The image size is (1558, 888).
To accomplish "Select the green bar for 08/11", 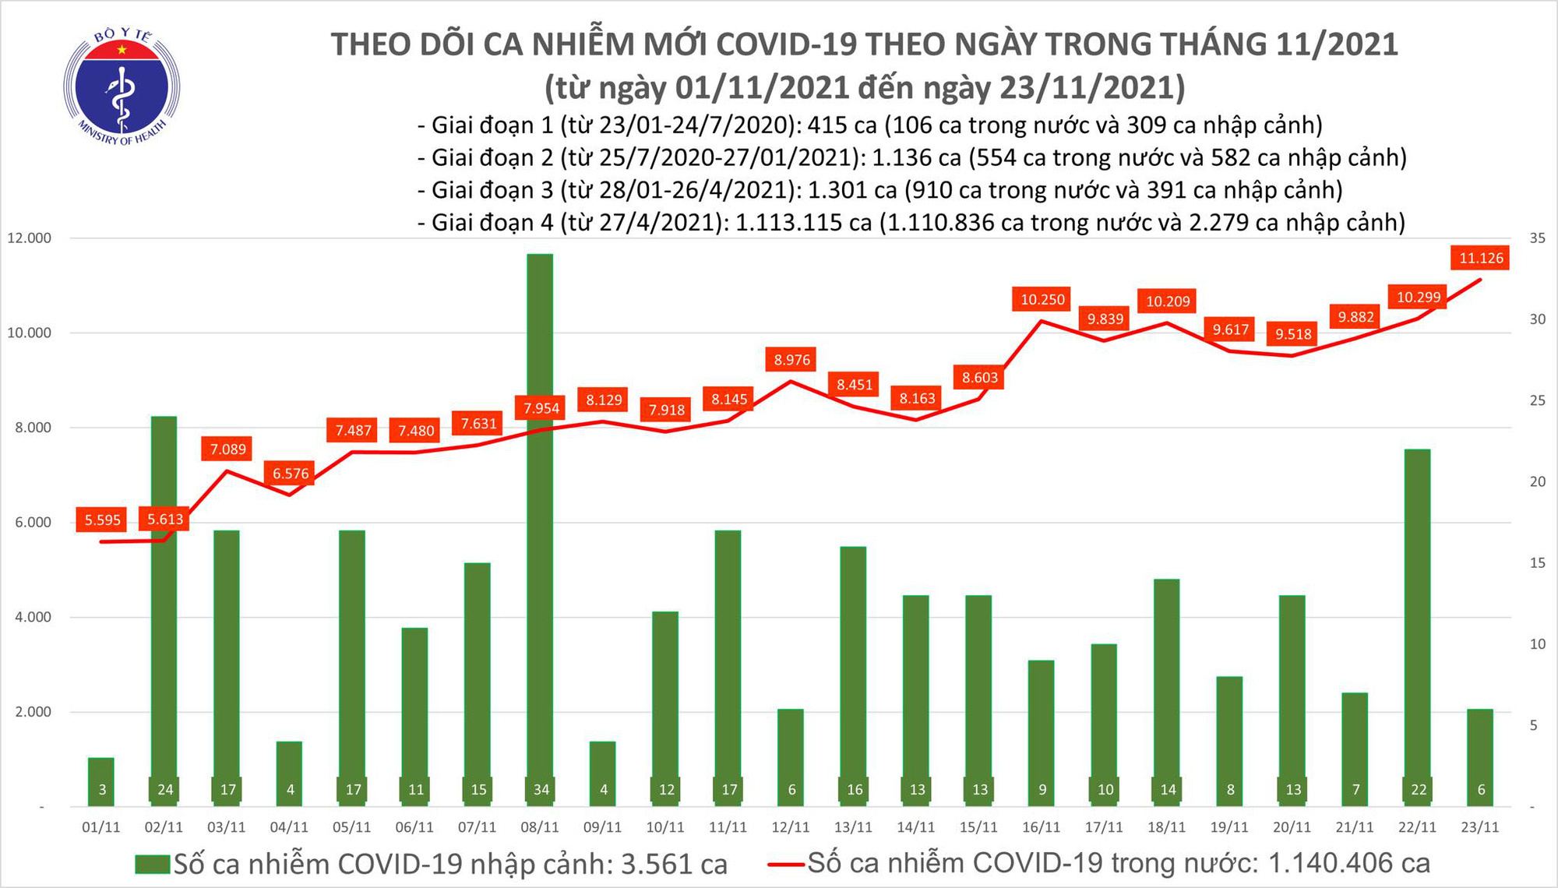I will (x=540, y=530).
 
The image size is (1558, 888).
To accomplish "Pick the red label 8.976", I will (x=791, y=360).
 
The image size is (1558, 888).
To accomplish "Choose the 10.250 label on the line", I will (x=1042, y=299).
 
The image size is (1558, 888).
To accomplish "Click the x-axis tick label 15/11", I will (x=978, y=827).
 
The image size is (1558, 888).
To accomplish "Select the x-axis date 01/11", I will (x=101, y=827).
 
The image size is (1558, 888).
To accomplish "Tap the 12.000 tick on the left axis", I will (x=29, y=238).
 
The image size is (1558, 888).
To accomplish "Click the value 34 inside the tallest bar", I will (x=541, y=790).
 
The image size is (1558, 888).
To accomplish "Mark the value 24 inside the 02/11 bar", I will (x=165, y=790).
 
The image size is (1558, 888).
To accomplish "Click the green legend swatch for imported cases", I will (x=152, y=864).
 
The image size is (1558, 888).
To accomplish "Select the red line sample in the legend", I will (x=785, y=864).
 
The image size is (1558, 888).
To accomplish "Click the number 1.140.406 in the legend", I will (x=1348, y=863).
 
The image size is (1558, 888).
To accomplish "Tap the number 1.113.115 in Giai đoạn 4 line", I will (x=802, y=223).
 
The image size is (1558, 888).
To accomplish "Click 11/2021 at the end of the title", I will (x=1337, y=44).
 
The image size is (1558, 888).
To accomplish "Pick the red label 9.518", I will (x=1293, y=334).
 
